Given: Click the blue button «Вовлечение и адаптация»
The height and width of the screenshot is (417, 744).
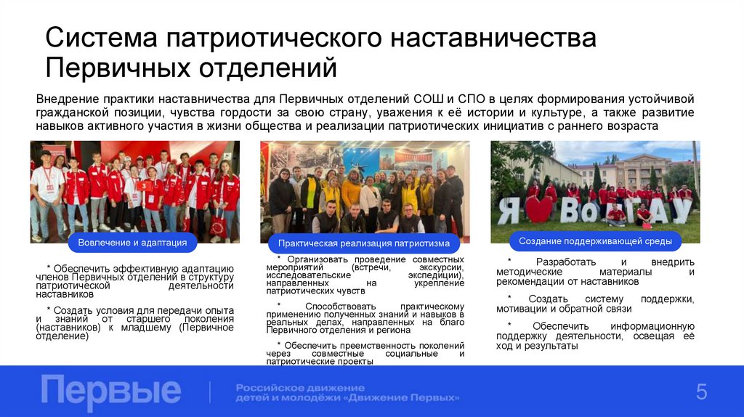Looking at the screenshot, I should [132, 242].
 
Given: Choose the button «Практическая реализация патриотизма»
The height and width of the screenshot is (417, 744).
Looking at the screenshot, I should [364, 243].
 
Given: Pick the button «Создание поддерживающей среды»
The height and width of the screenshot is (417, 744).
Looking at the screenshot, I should [595, 240].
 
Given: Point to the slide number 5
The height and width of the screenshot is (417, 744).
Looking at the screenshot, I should [701, 392].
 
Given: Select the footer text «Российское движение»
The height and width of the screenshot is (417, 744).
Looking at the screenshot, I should [300, 387].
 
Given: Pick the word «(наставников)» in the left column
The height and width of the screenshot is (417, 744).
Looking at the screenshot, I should [70, 328].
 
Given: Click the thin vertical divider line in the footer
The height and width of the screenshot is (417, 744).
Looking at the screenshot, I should [209, 392].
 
